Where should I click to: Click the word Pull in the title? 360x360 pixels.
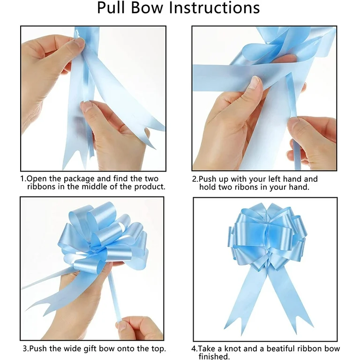point(112,8)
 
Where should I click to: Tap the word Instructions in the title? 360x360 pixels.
point(214,8)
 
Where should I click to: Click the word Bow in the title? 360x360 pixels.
point(147,8)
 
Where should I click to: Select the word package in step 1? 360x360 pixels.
point(79,179)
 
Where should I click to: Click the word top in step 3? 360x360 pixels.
point(158,349)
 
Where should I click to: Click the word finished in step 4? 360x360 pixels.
point(214,356)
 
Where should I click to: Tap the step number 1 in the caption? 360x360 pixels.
point(23,179)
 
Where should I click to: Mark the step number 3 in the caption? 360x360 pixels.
point(25,349)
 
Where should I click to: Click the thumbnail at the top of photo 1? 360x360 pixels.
point(79,42)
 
